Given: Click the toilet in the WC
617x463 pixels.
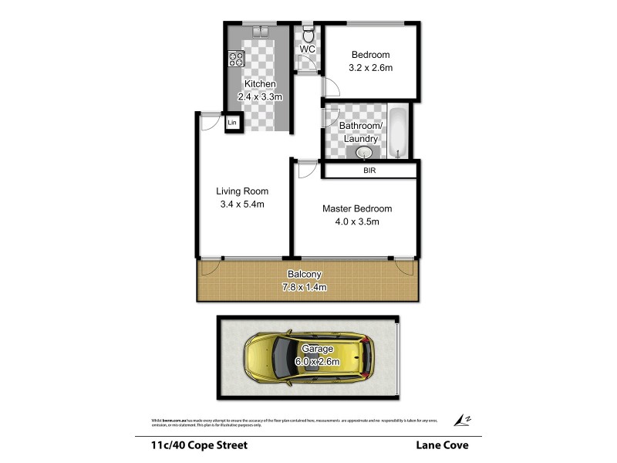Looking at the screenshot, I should click(308, 35).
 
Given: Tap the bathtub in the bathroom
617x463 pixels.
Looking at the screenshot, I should click(398, 133).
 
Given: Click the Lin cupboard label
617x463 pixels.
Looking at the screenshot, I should click(232, 123).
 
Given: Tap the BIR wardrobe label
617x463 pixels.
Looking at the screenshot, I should click(369, 171).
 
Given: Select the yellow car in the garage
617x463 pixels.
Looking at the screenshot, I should click(308, 360).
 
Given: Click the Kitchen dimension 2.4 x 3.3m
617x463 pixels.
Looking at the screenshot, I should click(260, 97).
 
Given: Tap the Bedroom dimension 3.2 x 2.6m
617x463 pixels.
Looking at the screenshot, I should click(370, 68).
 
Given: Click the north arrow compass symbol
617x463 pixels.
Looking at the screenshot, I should click(462, 419).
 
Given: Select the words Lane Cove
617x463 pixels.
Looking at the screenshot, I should click(443, 444).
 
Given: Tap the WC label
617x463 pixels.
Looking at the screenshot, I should click(308, 50).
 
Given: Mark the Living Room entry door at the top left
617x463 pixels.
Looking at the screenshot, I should click(205, 122).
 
